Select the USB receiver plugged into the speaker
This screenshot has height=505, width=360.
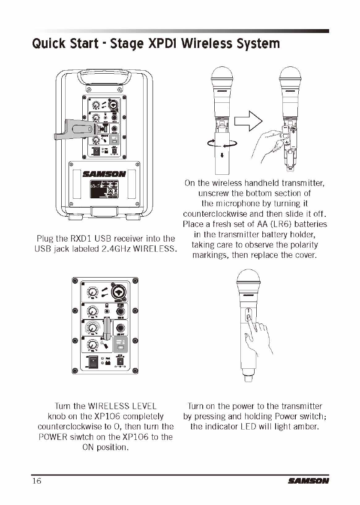point(75,131)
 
